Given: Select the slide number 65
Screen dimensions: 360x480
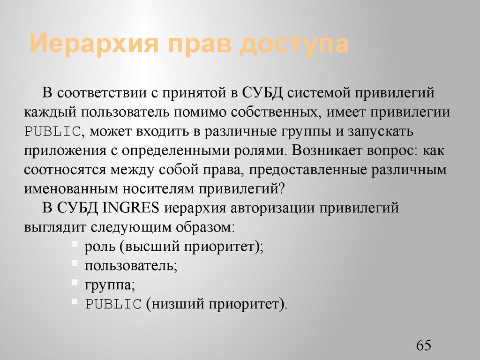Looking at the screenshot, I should click(423, 346).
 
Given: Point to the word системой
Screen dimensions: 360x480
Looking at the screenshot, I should click(317, 93).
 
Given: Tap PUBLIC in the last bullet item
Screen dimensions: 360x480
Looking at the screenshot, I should click(113, 305).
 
